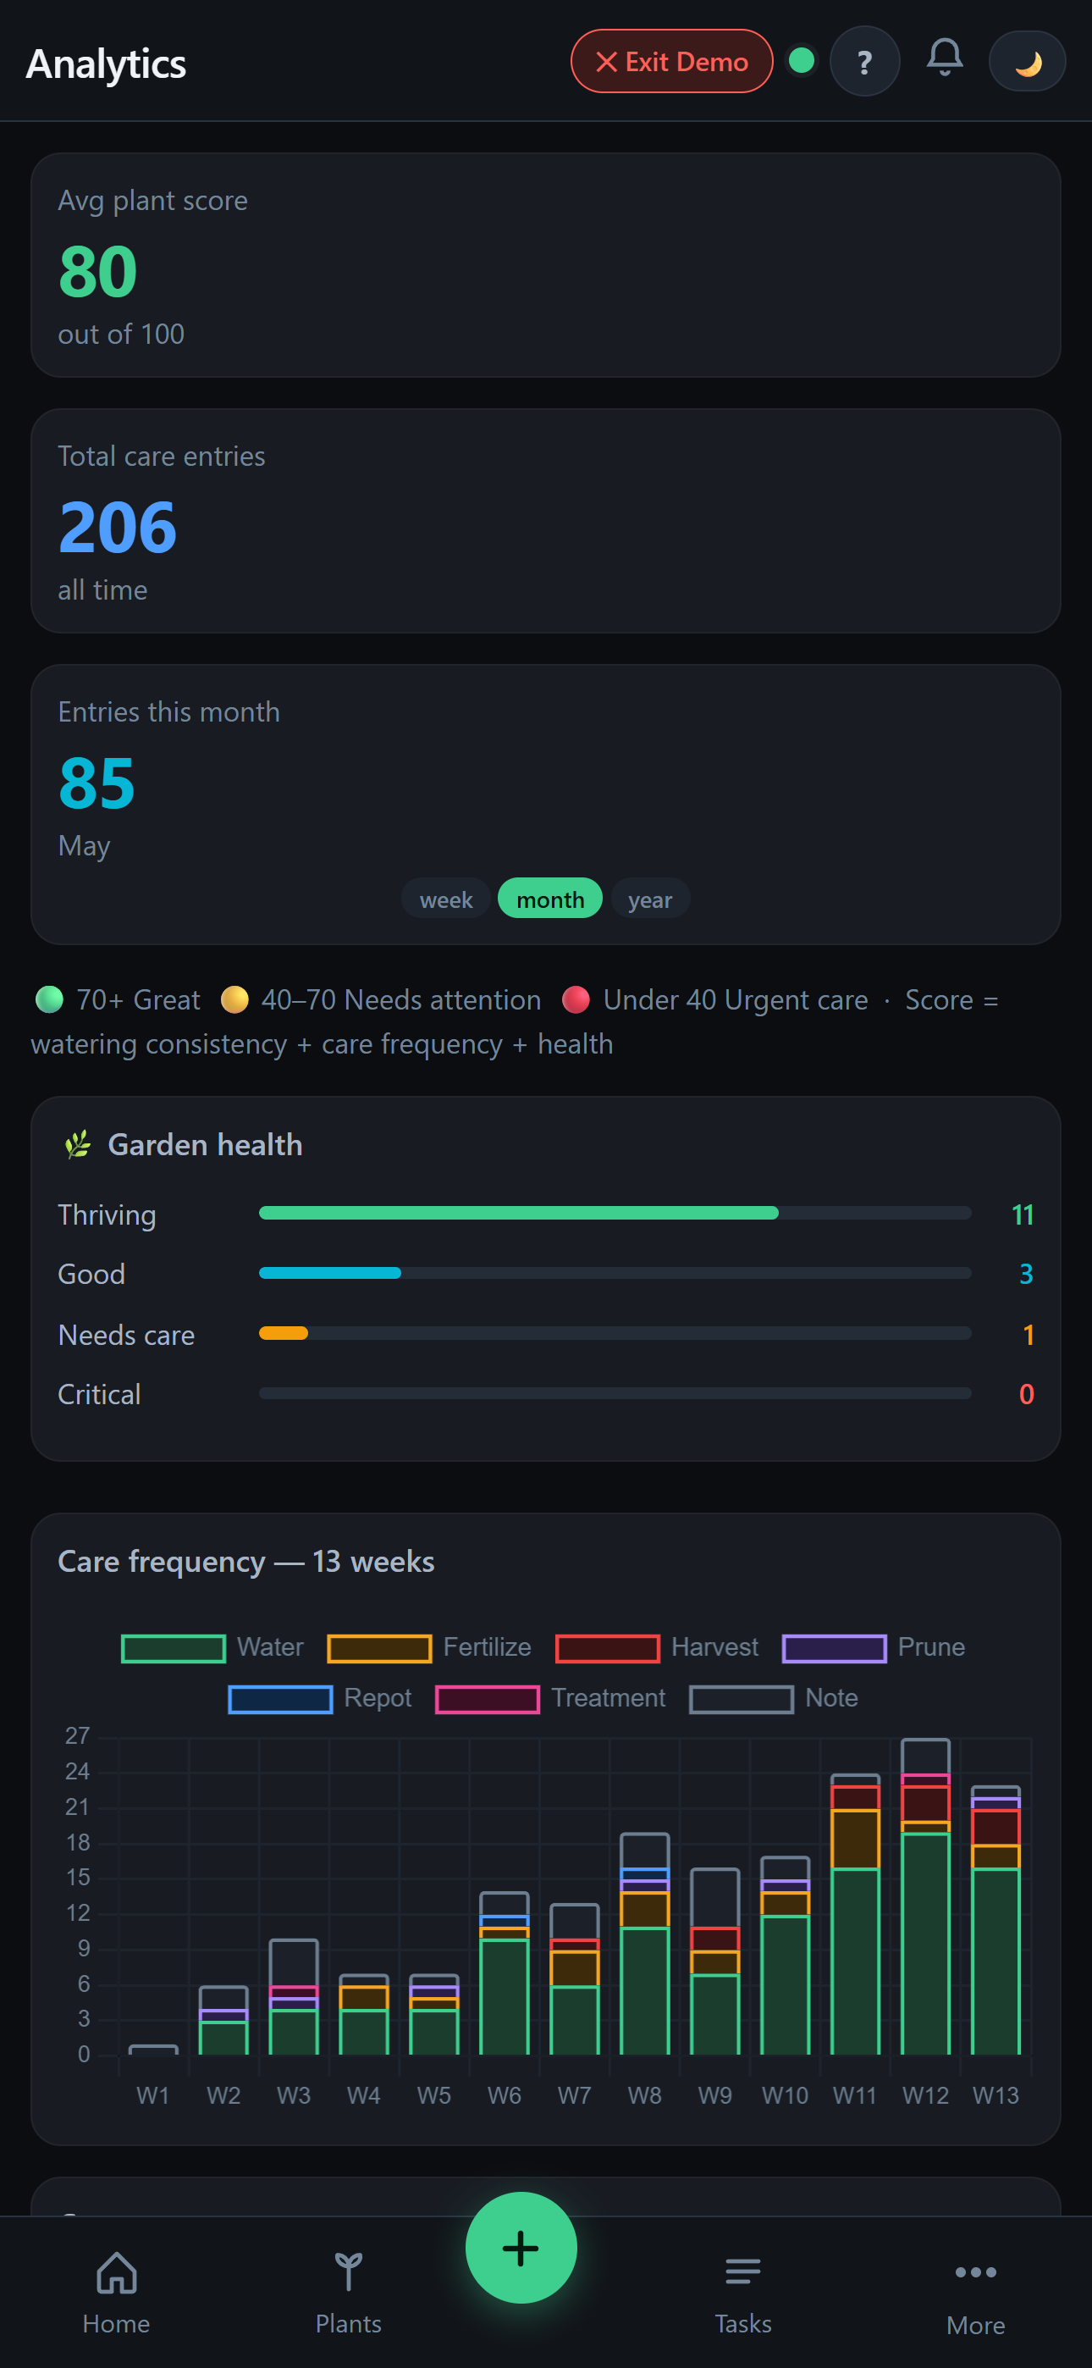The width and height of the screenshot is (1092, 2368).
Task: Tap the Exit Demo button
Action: click(x=671, y=62)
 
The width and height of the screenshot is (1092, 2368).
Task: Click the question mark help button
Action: click(x=864, y=62)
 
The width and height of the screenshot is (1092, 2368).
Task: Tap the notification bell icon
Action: click(x=944, y=58)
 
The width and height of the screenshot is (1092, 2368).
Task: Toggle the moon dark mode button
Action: click(x=1027, y=62)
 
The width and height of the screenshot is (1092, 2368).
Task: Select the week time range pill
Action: click(x=446, y=899)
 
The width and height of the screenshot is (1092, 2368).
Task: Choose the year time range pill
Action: click(x=650, y=899)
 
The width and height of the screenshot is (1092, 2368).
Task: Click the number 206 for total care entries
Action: click(x=118, y=527)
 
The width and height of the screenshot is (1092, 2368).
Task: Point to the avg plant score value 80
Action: click(x=97, y=271)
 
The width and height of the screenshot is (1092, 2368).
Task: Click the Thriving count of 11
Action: click(x=1022, y=1214)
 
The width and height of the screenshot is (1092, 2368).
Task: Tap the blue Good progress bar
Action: click(x=330, y=1273)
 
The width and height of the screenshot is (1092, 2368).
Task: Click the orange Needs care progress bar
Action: click(x=283, y=1333)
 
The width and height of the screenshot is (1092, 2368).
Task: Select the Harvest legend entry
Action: click(x=657, y=1647)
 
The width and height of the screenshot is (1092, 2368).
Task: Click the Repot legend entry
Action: click(x=320, y=1699)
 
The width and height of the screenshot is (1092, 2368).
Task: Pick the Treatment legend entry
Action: click(x=549, y=1699)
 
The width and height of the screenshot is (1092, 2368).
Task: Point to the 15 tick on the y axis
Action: click(x=78, y=1877)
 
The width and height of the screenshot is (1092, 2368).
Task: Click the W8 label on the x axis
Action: click(x=644, y=2095)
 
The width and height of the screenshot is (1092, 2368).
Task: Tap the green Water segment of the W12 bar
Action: click(x=925, y=1944)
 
